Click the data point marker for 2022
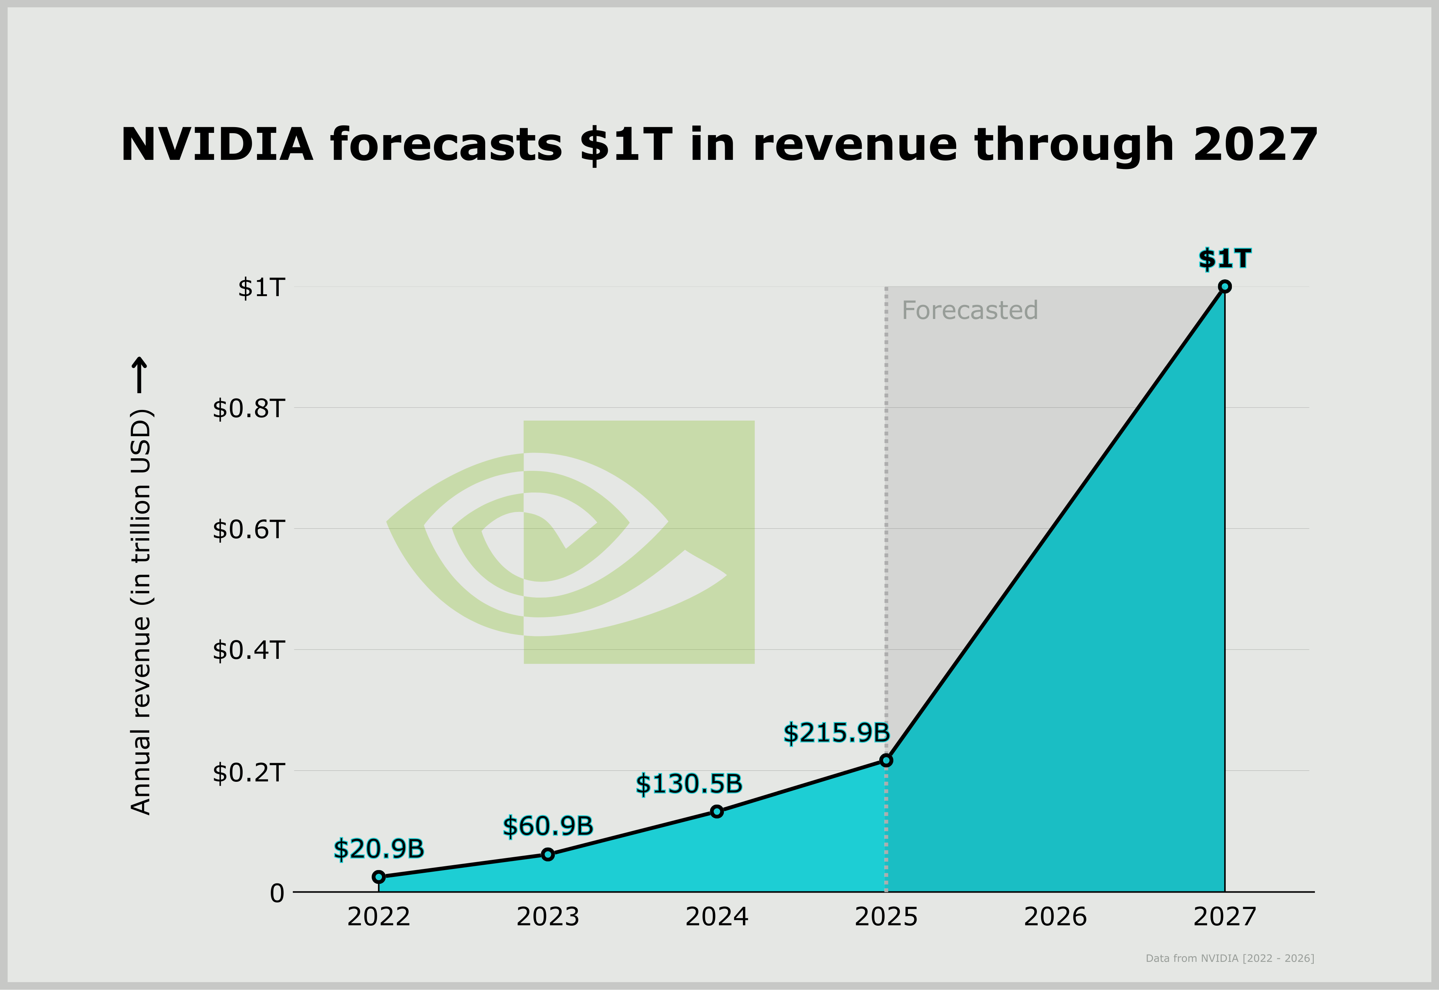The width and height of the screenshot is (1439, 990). (x=379, y=877)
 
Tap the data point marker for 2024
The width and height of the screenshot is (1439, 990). (x=717, y=811)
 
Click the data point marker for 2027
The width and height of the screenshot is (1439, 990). (x=1224, y=287)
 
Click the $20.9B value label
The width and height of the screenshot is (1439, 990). (x=379, y=848)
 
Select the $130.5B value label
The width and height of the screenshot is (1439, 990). (x=689, y=784)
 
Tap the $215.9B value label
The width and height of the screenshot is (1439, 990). (x=837, y=733)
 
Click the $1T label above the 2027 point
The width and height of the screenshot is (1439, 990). (x=1224, y=259)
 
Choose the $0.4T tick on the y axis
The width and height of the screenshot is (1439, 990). (x=249, y=650)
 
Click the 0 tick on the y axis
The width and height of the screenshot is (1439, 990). (x=277, y=893)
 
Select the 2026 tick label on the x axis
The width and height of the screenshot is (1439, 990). (x=1055, y=917)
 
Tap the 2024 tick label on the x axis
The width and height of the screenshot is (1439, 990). (x=717, y=917)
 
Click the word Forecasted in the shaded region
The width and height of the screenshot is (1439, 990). (x=969, y=310)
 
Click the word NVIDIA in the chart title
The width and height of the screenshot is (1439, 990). (x=217, y=145)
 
